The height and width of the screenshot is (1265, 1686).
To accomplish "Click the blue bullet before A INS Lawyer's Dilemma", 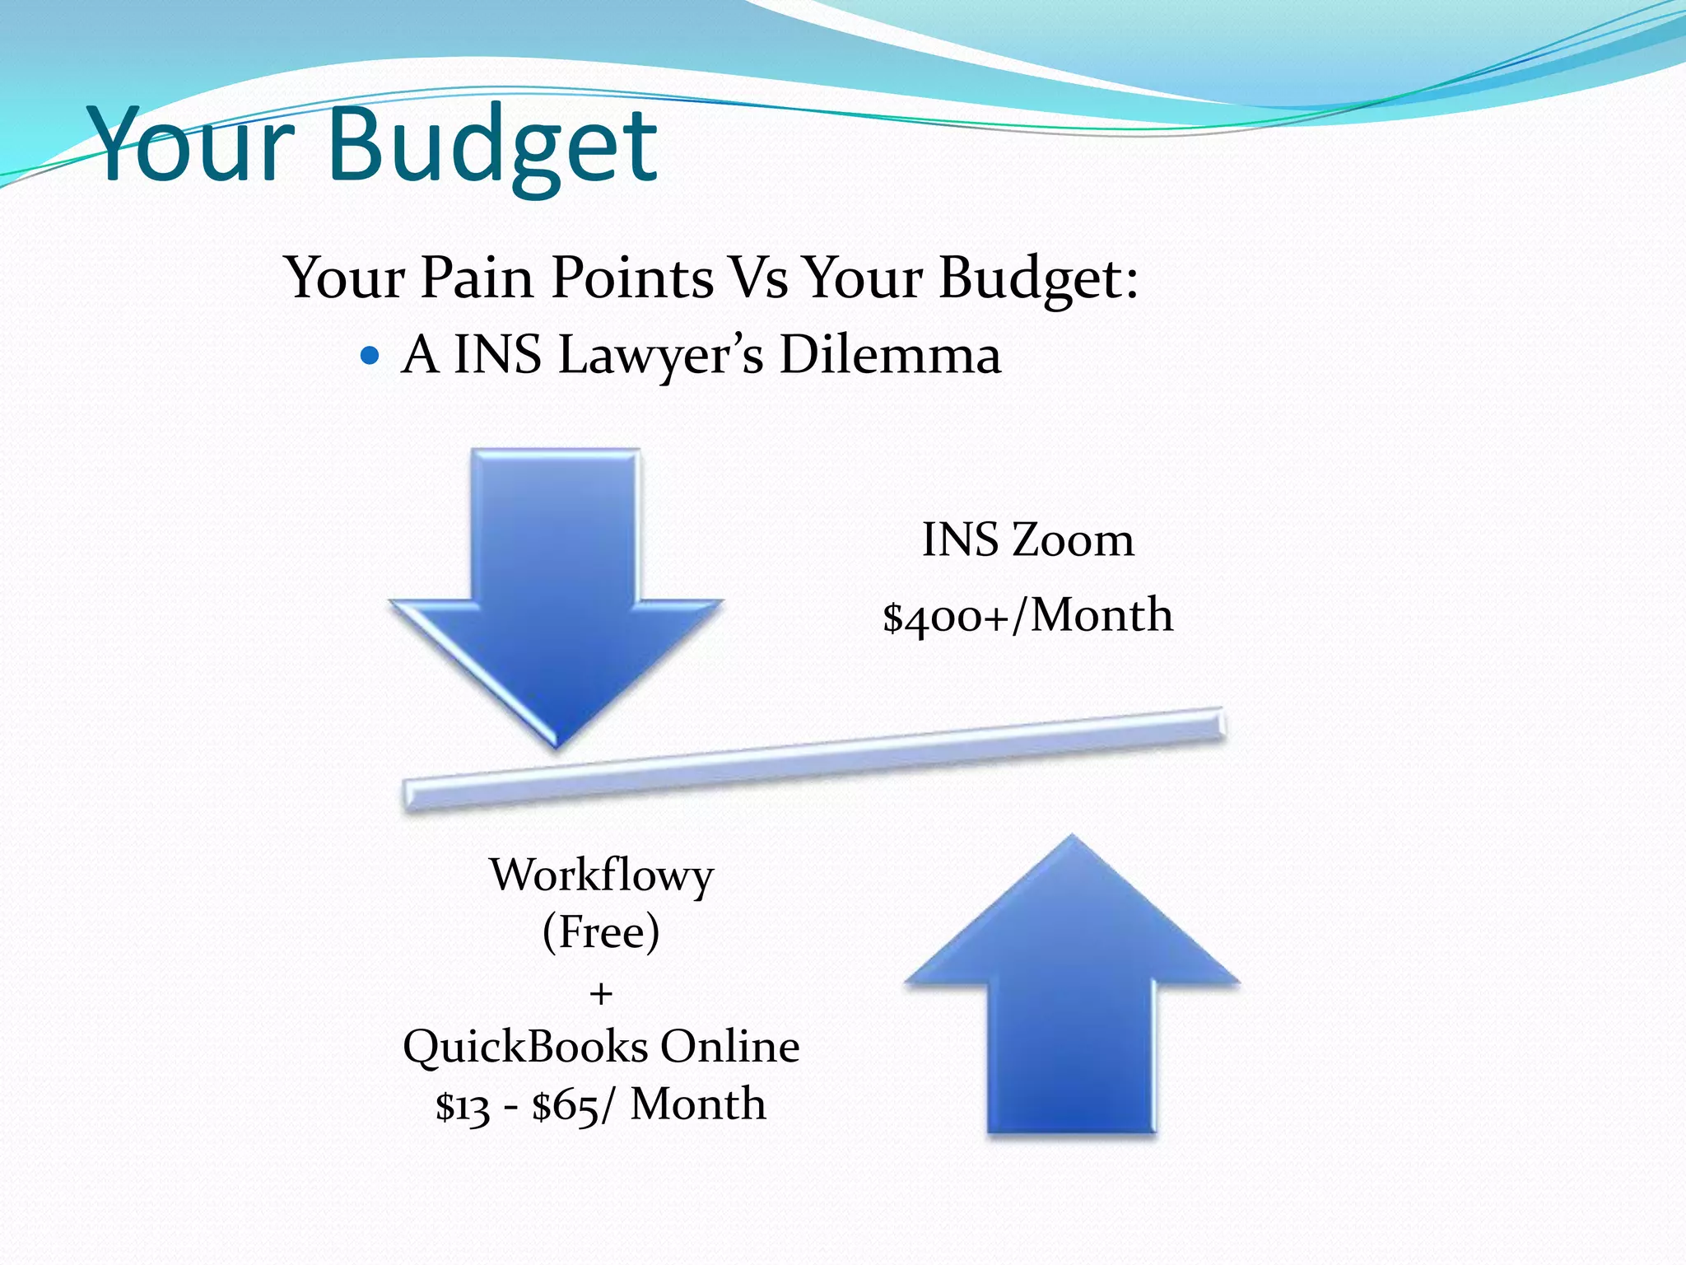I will (x=370, y=356).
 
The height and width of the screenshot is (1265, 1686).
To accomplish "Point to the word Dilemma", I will (x=890, y=355).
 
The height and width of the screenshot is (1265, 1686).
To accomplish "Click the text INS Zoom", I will (x=1027, y=540).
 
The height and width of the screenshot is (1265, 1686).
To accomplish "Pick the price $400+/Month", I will (x=1027, y=615).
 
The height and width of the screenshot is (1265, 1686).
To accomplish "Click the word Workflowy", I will (x=601, y=875).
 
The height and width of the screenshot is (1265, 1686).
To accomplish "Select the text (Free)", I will (x=601, y=932).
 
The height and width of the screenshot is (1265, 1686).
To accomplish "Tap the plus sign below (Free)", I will (x=601, y=994).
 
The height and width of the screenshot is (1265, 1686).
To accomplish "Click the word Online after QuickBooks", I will (x=729, y=1047).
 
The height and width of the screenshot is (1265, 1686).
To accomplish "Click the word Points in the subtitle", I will (x=632, y=278).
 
